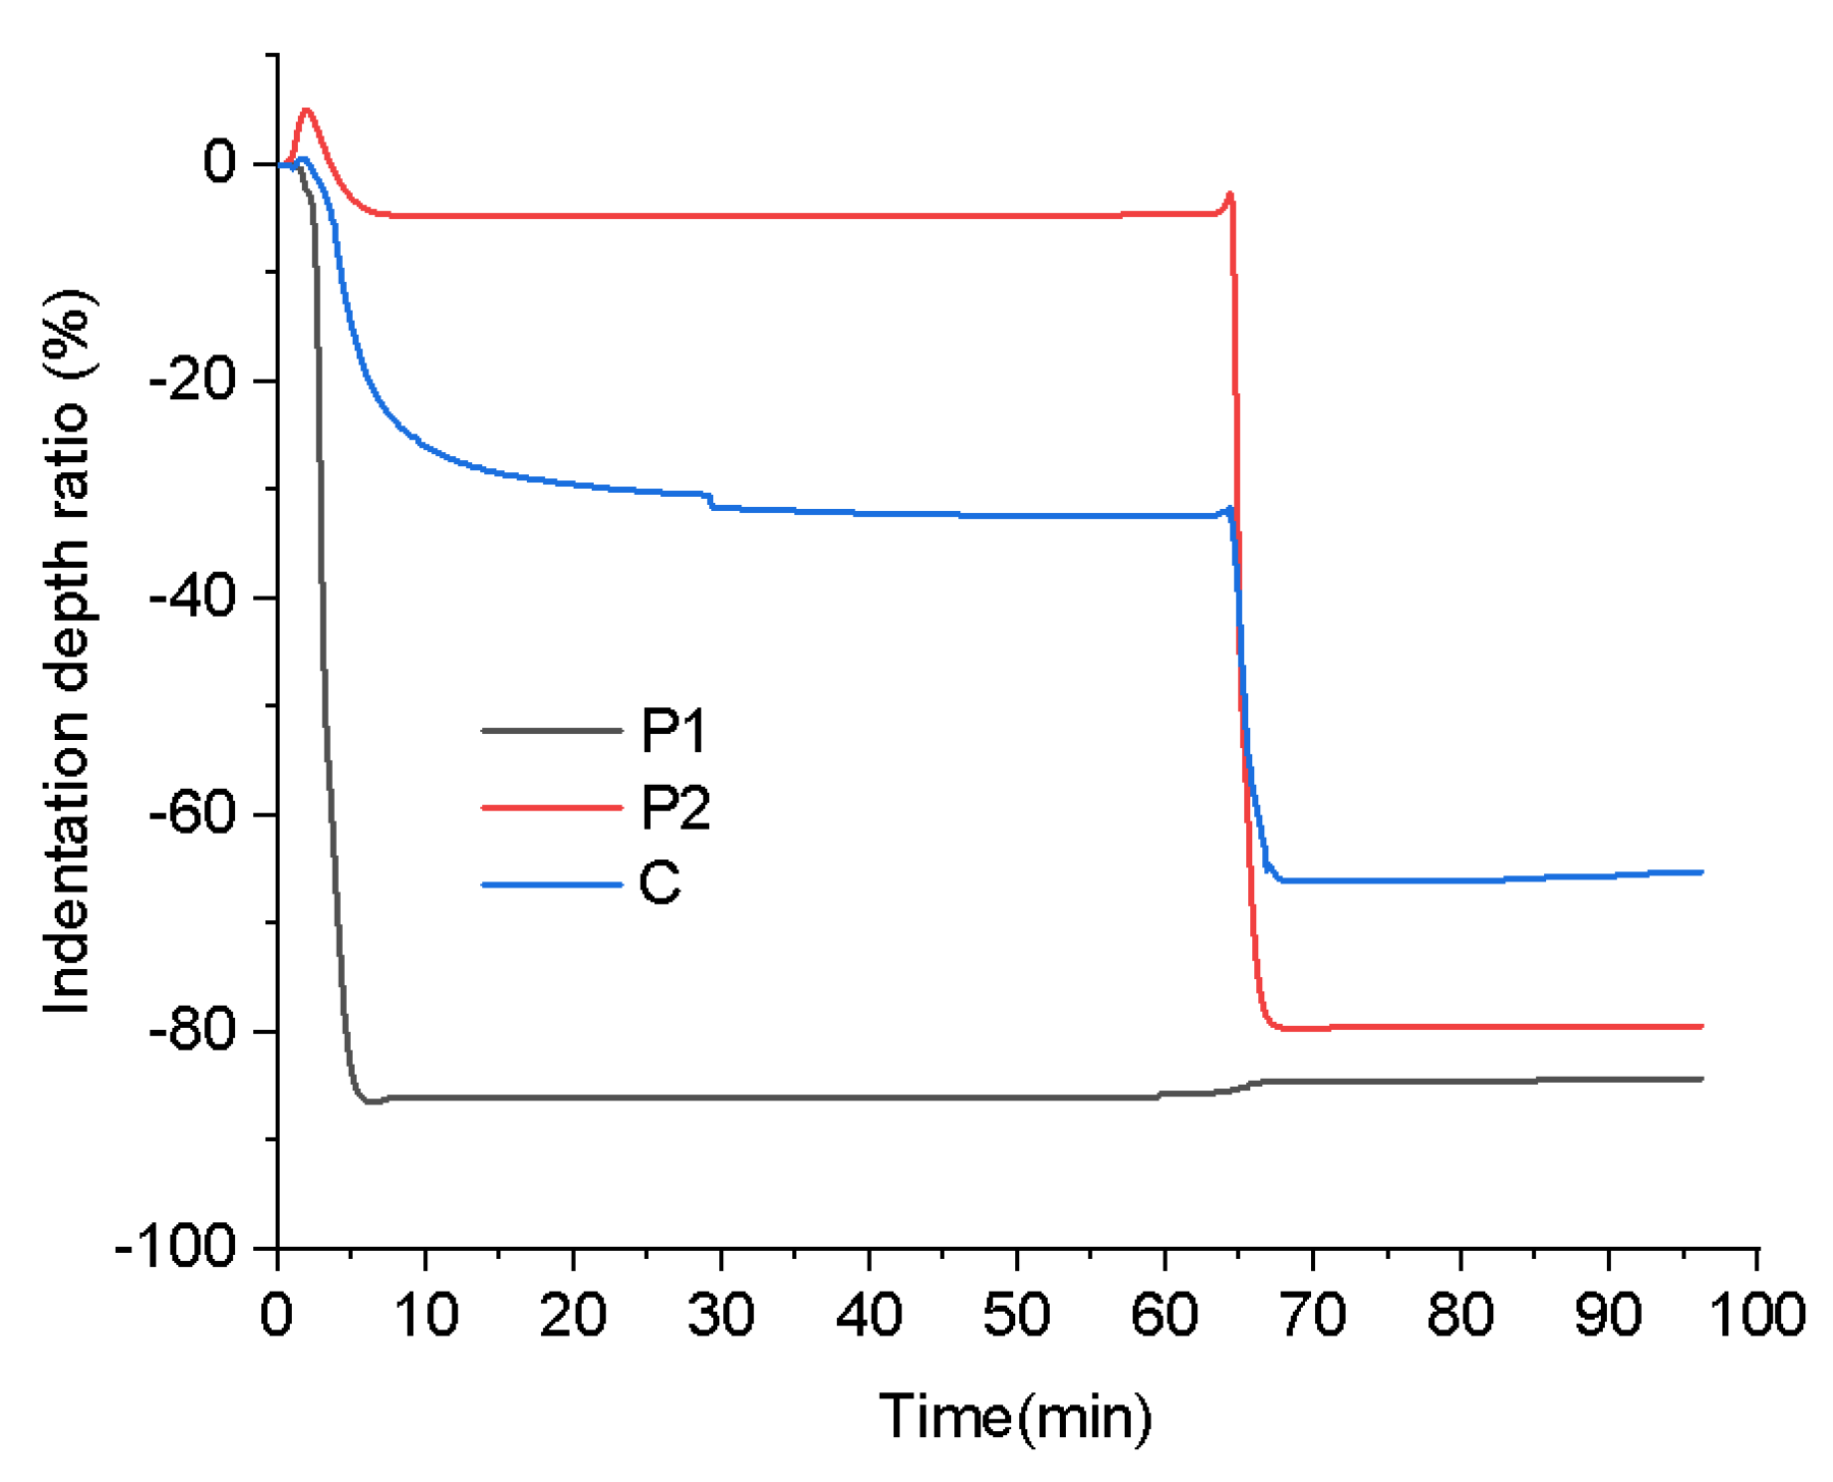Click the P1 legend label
[x=673, y=731]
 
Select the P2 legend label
[x=675, y=807]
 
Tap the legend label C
[x=659, y=882]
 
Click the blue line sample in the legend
[x=551, y=883]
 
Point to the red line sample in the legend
[x=551, y=807]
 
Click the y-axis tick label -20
[x=191, y=380]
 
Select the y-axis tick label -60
[x=191, y=814]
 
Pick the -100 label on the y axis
[x=176, y=1247]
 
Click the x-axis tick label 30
[x=720, y=1315]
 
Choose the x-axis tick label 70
[x=1312, y=1315]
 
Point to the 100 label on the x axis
[x=1757, y=1315]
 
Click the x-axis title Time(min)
[x=1015, y=1416]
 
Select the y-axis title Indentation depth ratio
[x=68, y=652]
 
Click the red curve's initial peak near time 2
[x=306, y=111]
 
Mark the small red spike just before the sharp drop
[x=1230, y=194]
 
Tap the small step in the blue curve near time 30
[x=711, y=500]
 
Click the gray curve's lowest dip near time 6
[x=370, y=1102]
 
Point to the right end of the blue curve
[x=1702, y=872]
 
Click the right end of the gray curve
[x=1702, y=1079]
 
